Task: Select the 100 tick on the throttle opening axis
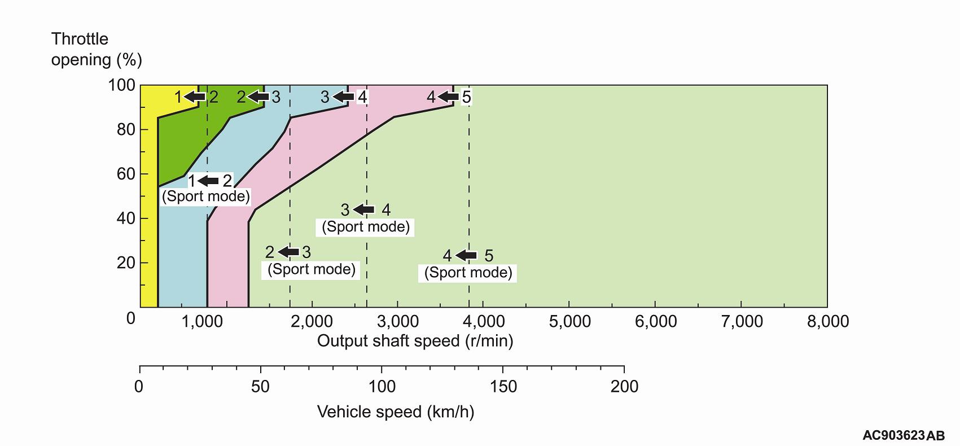121,85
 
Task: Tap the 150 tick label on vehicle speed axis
503,387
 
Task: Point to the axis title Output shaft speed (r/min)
415,341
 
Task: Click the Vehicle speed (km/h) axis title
396,412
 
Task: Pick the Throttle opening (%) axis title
96,49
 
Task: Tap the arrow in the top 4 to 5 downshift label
449,97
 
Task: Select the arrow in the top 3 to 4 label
343,97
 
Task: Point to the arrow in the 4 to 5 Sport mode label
466,255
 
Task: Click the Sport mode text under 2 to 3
312,269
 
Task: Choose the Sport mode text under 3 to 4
366,227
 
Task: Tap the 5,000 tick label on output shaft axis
569,321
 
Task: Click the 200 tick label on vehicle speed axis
624,387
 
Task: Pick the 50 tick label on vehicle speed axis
261,387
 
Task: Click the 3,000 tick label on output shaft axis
397,321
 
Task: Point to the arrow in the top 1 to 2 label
195,97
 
